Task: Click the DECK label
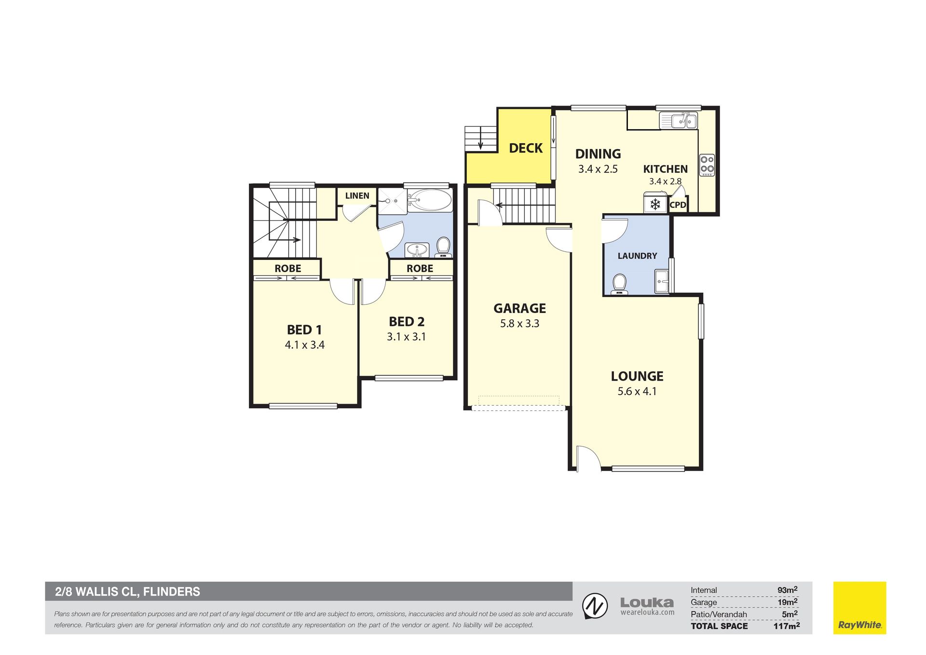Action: (x=526, y=148)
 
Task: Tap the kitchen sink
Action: (x=679, y=120)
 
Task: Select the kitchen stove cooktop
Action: (x=707, y=164)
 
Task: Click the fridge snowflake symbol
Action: (x=655, y=205)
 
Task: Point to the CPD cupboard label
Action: (x=678, y=205)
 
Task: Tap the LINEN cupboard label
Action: (x=357, y=196)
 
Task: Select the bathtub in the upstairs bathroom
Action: (x=430, y=200)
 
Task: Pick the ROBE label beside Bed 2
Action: (x=420, y=269)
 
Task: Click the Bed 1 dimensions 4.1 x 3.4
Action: (x=304, y=345)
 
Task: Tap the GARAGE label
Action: (x=519, y=308)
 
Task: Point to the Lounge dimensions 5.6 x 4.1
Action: (x=637, y=391)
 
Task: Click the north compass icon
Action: (x=595, y=606)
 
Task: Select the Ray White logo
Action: (x=859, y=608)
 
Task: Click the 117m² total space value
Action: (x=786, y=626)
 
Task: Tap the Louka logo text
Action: (x=647, y=603)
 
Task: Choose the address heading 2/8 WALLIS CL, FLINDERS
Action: (x=127, y=592)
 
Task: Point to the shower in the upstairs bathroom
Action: (x=393, y=201)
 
